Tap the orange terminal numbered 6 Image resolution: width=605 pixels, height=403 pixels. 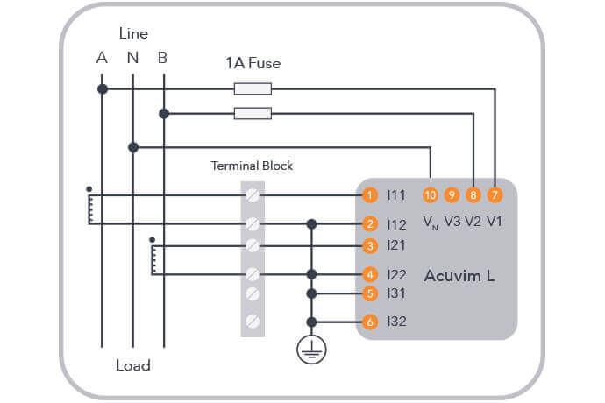[371, 322]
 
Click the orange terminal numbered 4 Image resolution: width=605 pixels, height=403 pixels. [371, 274]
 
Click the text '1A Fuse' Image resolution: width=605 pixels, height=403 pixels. [253, 63]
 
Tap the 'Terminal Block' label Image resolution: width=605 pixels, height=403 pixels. [252, 166]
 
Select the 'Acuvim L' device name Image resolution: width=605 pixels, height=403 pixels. [459, 276]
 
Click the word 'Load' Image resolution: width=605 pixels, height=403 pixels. [133, 365]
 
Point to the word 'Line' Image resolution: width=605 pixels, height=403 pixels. [133, 33]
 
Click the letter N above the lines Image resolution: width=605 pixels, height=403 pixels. [132, 59]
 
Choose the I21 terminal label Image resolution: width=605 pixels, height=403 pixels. [396, 245]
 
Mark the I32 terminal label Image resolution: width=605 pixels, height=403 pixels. [396, 322]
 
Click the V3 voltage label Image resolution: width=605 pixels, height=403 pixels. [452, 220]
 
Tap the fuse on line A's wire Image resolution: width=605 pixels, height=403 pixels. [253, 88]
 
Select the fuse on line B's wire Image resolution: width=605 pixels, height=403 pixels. [253, 113]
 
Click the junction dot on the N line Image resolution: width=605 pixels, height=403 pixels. [132, 147]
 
